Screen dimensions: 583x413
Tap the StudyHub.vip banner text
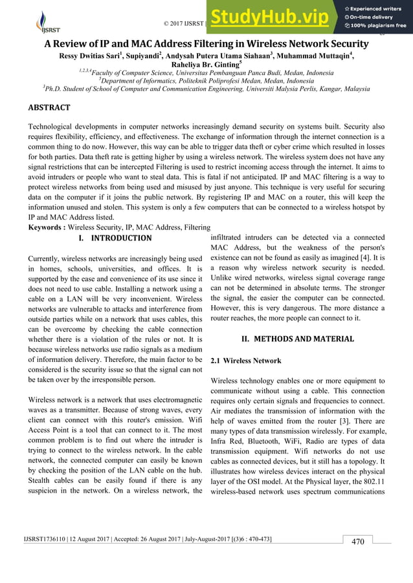[273, 20]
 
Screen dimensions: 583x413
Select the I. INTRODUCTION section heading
[115, 238]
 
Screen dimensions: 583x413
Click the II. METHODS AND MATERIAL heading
[297, 338]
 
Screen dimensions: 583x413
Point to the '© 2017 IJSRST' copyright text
[184, 24]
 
